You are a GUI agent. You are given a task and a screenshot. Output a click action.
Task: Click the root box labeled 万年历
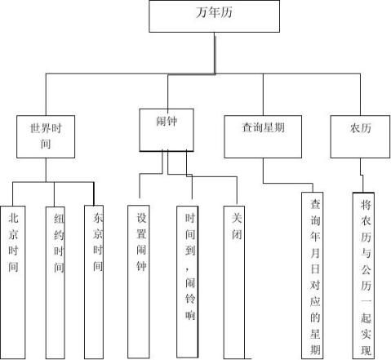point(214,16)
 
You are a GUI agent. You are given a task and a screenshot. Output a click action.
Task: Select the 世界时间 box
point(46,136)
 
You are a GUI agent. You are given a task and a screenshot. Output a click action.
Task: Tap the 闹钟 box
point(167,130)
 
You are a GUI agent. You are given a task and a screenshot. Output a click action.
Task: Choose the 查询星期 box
point(263,136)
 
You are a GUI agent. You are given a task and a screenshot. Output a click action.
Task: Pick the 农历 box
point(360,136)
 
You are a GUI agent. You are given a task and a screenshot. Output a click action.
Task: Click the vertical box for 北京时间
point(13,282)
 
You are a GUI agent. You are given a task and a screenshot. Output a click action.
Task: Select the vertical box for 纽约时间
point(56,283)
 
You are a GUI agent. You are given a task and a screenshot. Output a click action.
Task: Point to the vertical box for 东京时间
point(94,282)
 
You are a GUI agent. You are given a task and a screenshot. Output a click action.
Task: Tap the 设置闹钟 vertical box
point(139,282)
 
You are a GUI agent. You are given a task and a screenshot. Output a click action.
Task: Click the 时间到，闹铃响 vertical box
point(188,282)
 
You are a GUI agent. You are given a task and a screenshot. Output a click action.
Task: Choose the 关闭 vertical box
point(234,282)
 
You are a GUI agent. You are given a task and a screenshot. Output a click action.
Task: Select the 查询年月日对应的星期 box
point(313,276)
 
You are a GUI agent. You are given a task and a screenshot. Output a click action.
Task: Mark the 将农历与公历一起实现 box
point(363,276)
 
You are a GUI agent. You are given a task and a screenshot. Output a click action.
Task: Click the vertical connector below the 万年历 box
point(215,53)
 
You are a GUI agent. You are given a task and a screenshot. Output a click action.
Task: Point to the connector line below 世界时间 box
point(46,170)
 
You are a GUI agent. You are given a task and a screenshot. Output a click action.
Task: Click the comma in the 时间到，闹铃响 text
point(187,269)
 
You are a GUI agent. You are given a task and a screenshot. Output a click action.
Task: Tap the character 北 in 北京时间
point(13,218)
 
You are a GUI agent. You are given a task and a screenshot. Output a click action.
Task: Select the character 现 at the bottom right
point(367,350)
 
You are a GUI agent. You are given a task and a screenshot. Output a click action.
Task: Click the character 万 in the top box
point(202,12)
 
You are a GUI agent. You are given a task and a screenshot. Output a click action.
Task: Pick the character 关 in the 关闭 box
point(237,218)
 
